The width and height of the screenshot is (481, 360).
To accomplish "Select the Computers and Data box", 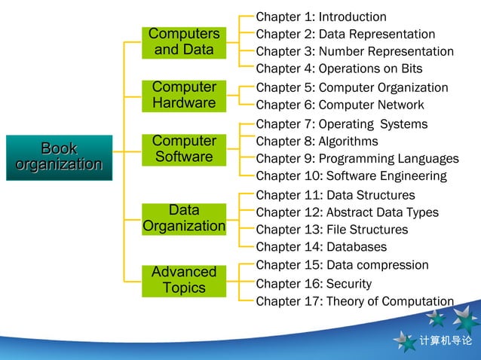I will (184, 42).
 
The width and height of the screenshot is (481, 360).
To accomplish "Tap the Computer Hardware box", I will (184, 95).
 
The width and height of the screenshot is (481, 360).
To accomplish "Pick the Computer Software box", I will (184, 149).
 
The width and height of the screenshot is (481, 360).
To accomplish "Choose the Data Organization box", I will (184, 218).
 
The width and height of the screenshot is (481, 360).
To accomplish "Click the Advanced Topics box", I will (184, 280).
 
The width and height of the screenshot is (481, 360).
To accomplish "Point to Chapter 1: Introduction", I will (321, 17).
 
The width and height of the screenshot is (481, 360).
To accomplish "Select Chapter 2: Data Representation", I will (345, 35).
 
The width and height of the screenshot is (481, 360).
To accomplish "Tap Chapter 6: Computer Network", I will (340, 105).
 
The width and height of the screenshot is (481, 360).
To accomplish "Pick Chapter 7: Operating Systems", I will (342, 124).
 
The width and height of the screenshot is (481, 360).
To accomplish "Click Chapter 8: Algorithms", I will (317, 142).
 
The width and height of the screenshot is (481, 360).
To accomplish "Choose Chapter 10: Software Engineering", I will (351, 176).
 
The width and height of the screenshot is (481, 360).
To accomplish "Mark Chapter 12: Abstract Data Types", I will (347, 212).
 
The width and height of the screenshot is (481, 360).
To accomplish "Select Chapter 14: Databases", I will (321, 247).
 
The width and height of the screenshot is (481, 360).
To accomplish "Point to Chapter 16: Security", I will (314, 284).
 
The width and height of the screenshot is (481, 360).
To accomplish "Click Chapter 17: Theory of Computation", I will (354, 302).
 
